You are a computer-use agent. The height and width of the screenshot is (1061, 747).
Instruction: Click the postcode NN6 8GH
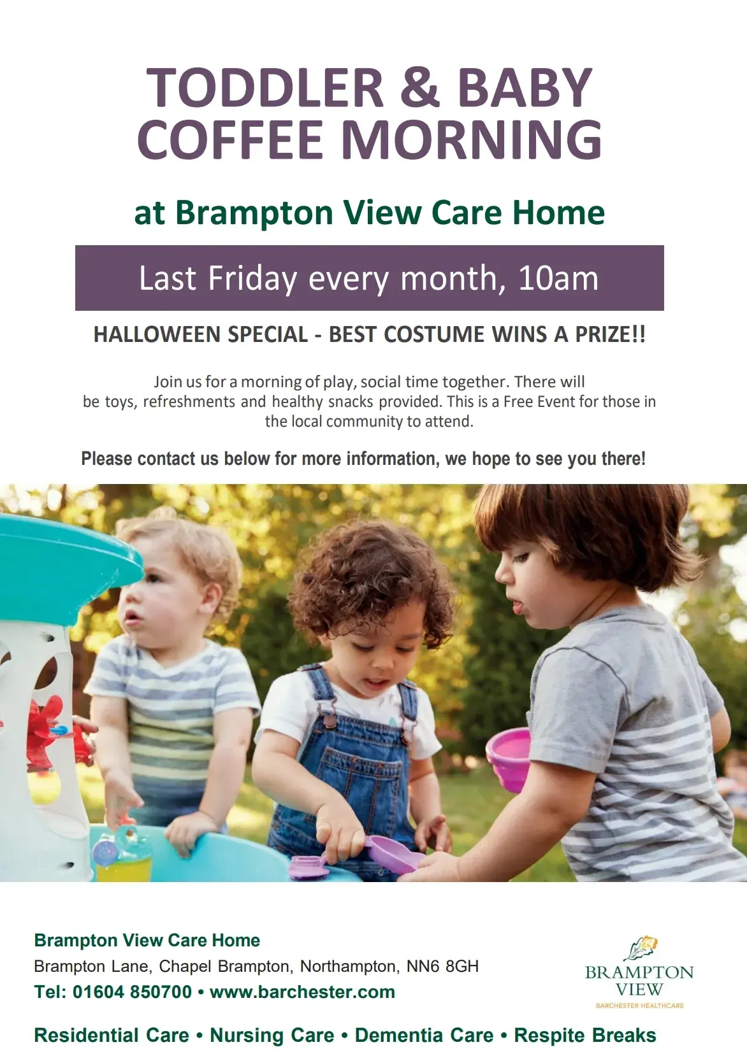tap(442, 966)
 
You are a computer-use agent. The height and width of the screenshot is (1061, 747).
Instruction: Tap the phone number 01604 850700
tap(132, 992)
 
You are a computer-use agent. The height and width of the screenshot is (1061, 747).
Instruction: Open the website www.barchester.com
tap(302, 992)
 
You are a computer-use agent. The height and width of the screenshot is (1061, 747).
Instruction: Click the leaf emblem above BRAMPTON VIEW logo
tap(641, 948)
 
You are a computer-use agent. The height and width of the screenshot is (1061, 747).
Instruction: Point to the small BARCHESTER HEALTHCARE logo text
tap(640, 1006)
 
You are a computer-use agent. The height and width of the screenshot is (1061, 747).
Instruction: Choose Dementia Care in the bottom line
tap(424, 1036)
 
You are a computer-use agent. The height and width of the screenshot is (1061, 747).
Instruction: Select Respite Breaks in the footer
tap(585, 1036)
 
